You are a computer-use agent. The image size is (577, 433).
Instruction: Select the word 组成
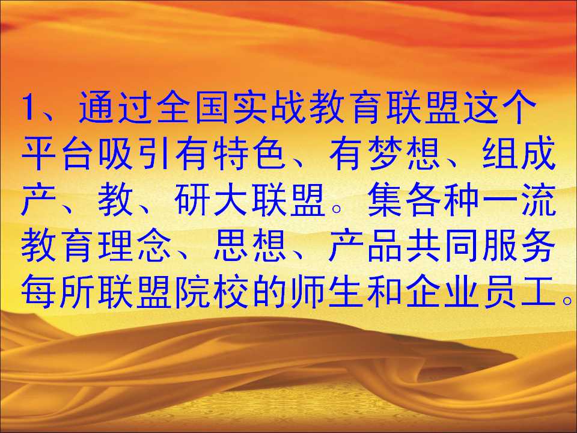click(x=518, y=153)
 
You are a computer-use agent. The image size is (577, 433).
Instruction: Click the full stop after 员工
click(x=567, y=301)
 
